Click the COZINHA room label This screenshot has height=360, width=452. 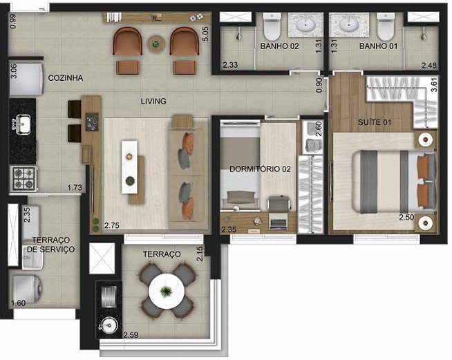66,78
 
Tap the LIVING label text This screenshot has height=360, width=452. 153,101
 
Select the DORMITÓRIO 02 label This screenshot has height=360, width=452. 260,169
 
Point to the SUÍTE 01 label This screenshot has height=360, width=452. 375,122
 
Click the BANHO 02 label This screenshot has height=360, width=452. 279,46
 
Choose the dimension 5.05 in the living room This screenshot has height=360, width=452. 205,34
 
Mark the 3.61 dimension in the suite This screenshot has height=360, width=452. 434,85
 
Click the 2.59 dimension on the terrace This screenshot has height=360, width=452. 131,335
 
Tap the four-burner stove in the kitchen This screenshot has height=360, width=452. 23,179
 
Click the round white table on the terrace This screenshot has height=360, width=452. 167,292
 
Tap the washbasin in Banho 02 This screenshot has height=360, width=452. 306,25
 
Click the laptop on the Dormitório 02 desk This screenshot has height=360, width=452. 278,221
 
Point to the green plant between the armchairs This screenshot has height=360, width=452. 156,44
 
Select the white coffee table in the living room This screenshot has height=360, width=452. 129,167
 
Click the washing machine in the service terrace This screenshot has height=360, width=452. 28,289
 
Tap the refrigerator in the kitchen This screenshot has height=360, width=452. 26,78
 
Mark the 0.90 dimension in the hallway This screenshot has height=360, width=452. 319,85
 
